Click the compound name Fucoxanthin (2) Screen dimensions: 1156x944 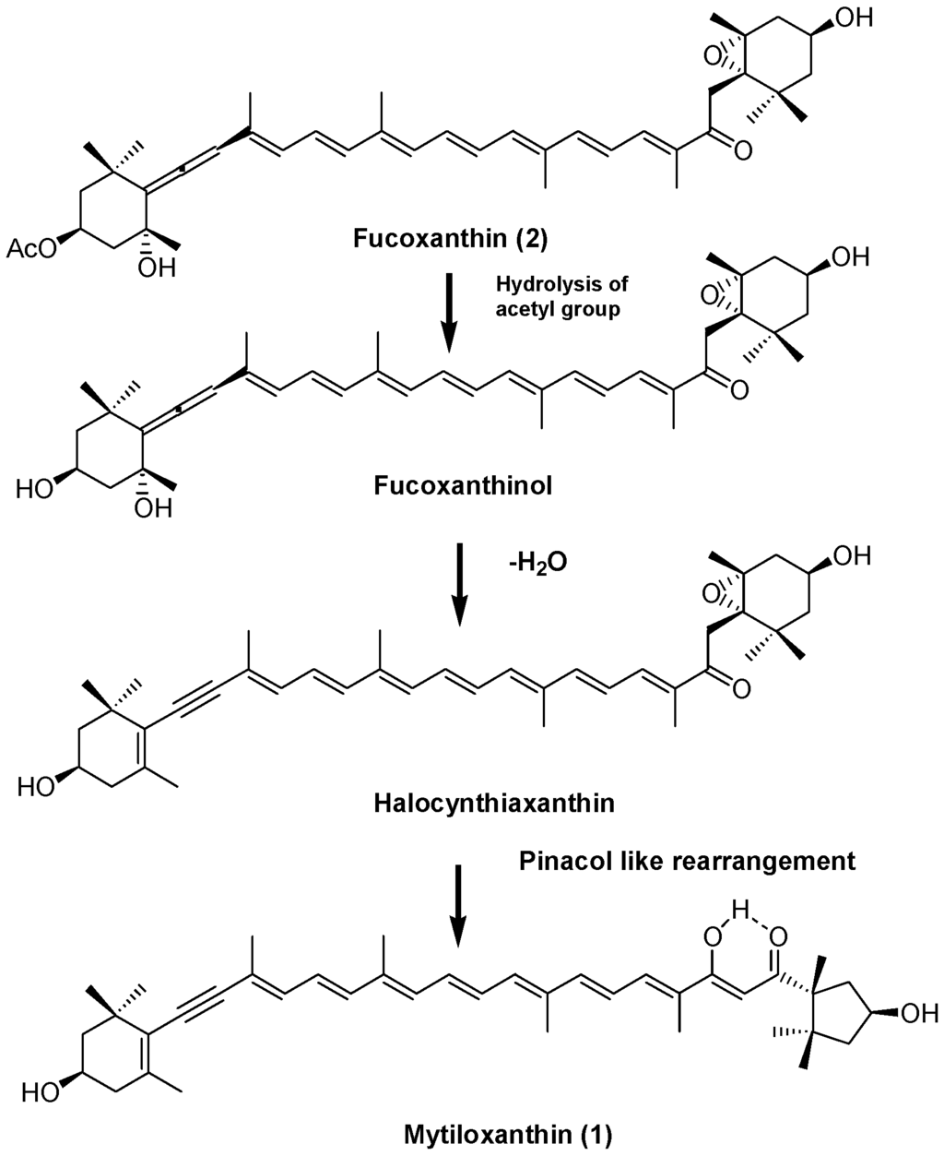tap(451, 240)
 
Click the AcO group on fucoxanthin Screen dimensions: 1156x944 tap(30, 247)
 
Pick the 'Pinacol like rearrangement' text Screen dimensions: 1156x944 tap(687, 862)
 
